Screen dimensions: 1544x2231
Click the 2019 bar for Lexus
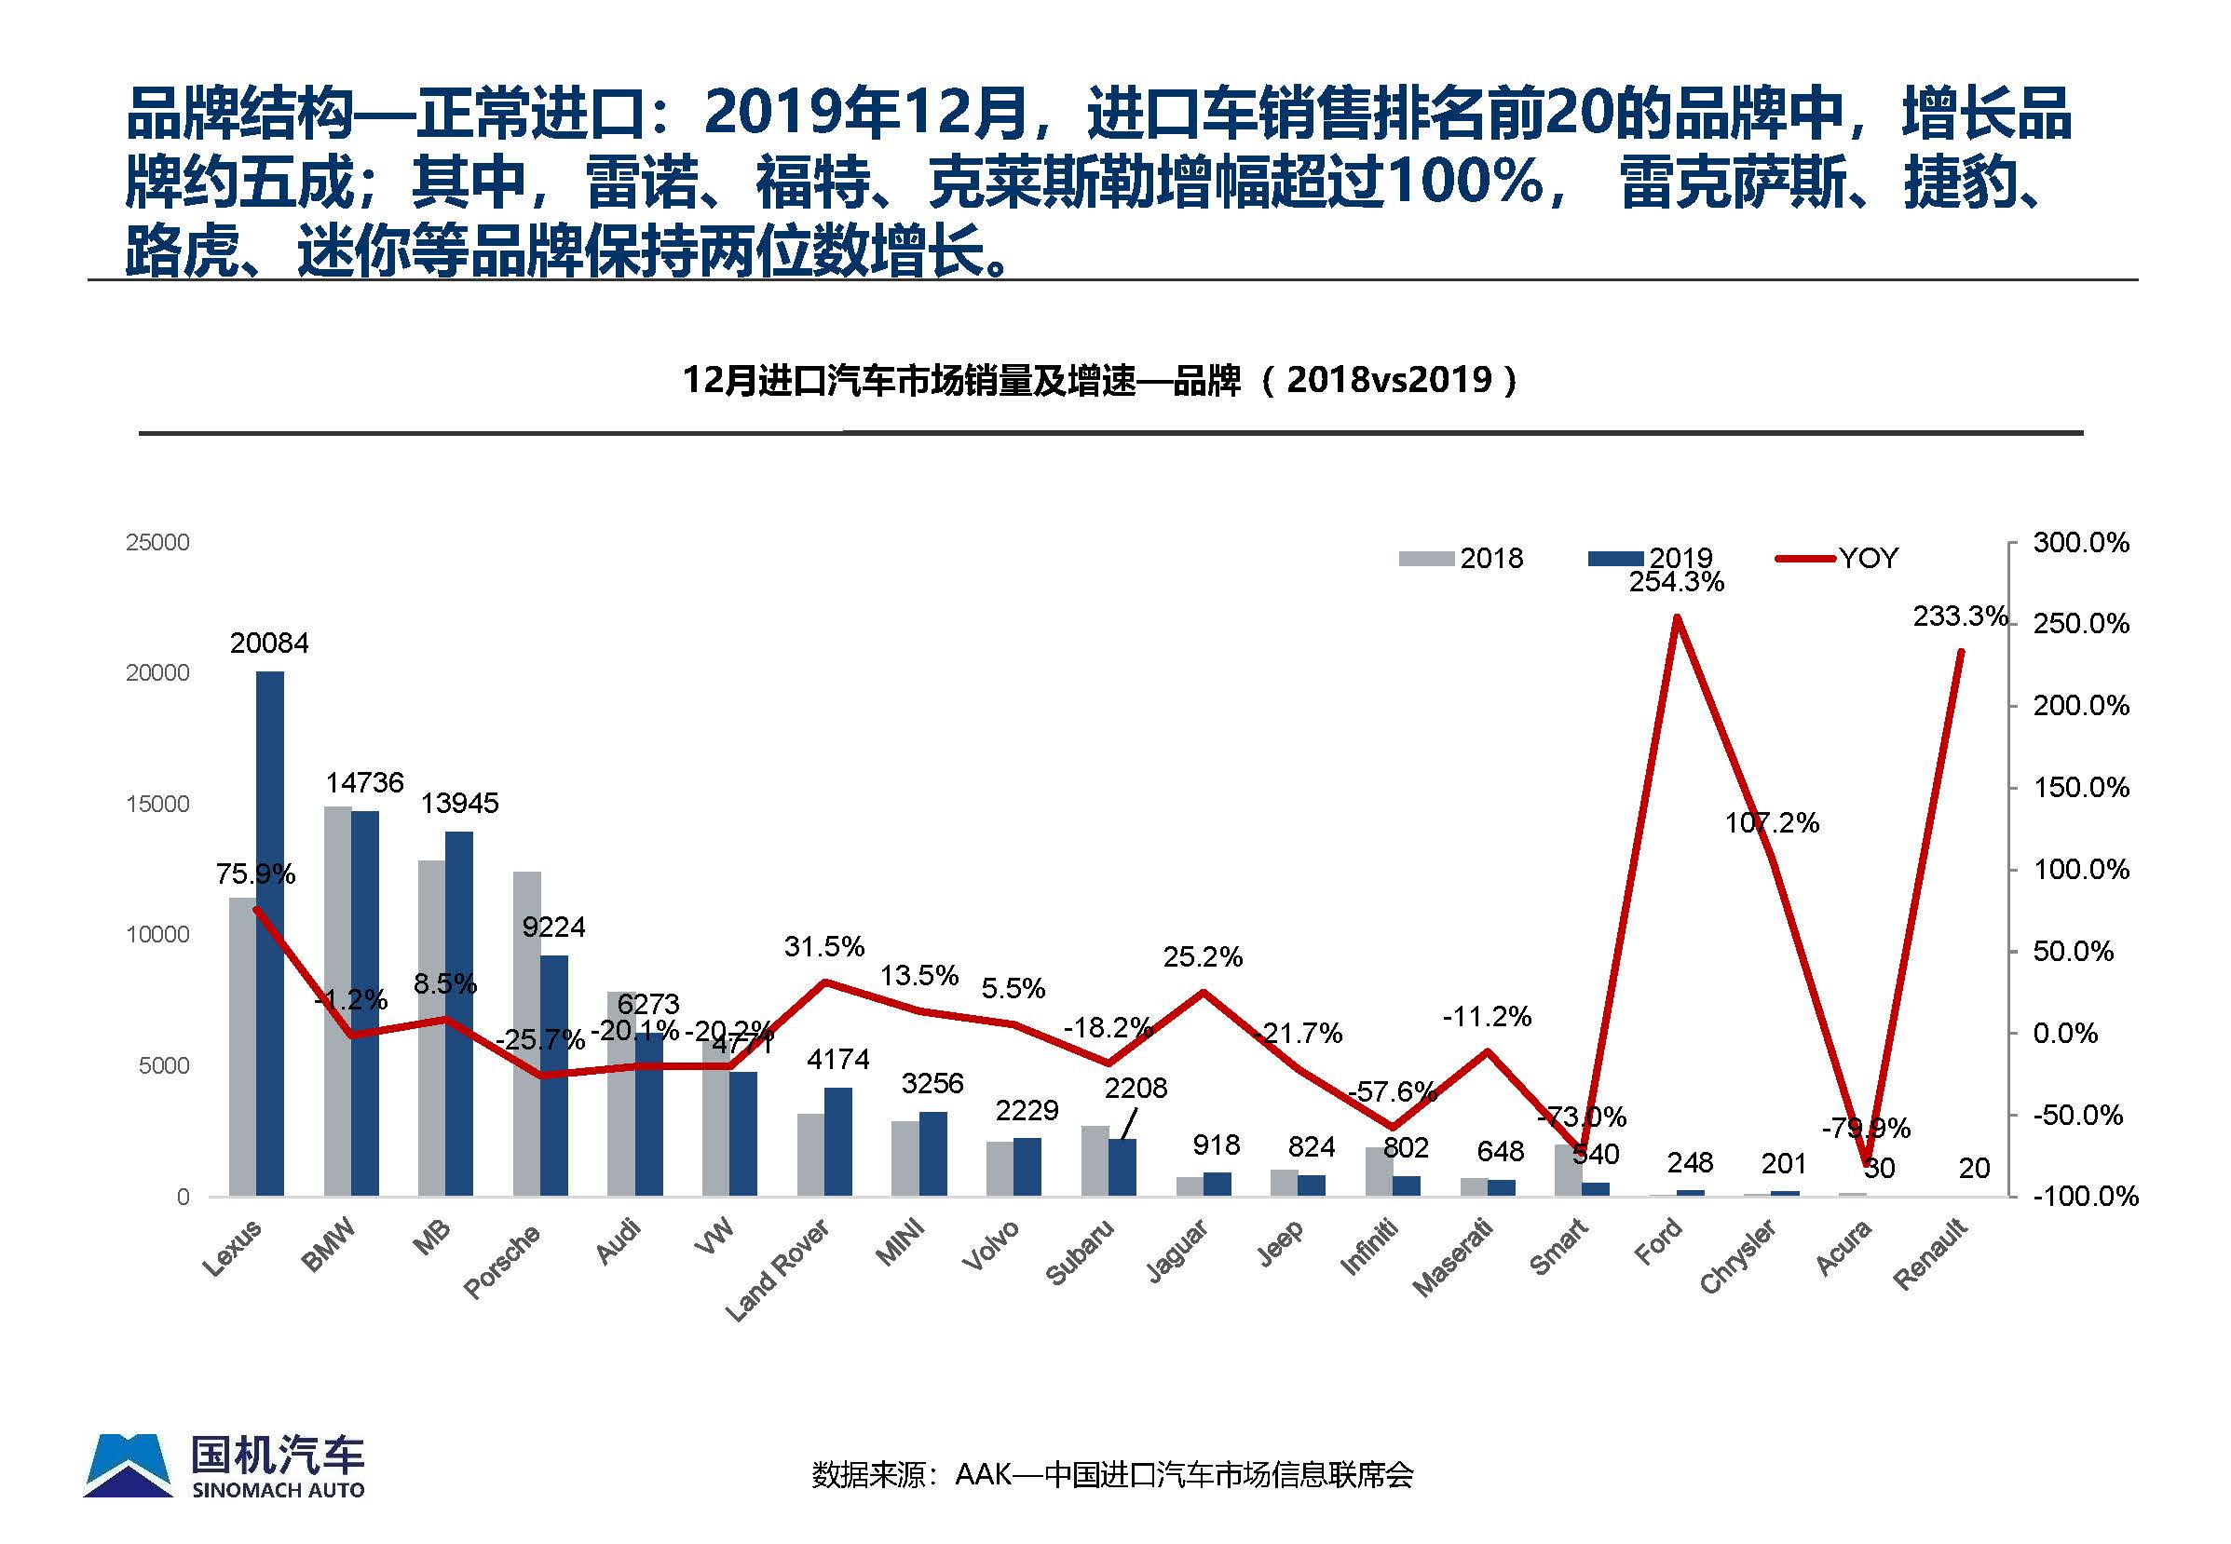coord(270,933)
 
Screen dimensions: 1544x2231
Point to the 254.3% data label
coord(1677,582)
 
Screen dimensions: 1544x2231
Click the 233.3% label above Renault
coord(1960,616)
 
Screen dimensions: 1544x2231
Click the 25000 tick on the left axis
coord(157,543)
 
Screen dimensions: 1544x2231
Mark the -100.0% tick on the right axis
coord(2085,1197)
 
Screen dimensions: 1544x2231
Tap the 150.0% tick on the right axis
coord(2081,788)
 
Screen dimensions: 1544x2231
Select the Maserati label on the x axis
coord(1453,1258)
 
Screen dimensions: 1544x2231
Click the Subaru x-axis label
coord(1080,1253)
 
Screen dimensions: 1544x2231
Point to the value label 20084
coord(269,643)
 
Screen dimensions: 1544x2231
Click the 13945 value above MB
coord(459,803)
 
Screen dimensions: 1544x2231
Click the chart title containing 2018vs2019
coord(1100,380)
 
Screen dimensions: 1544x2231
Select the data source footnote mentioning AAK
coord(1112,1474)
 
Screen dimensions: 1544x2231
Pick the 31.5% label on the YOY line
coord(824,946)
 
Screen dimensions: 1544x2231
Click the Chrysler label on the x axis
coord(1738,1256)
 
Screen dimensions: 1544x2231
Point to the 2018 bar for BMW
coord(336,1001)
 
